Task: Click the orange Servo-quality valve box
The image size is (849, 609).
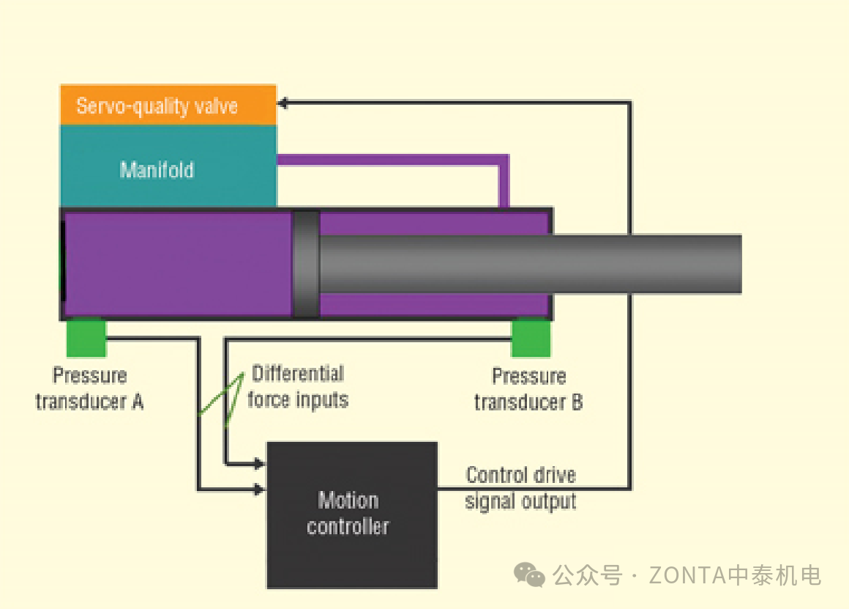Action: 168,106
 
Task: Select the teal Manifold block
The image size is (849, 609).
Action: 168,166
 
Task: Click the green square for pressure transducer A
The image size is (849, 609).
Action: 86,339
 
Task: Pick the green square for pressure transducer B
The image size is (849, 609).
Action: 531,339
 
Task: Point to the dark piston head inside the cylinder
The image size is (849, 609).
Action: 306,264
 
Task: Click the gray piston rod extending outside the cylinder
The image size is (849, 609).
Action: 644,264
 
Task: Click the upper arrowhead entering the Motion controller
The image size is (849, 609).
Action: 260,464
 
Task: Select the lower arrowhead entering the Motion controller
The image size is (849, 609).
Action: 260,489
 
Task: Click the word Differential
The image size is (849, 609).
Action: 297,374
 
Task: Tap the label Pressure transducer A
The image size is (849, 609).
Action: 89,389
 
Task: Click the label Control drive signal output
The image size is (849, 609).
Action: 520,488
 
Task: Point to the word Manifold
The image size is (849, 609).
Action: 157,170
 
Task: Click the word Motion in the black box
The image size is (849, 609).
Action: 348,501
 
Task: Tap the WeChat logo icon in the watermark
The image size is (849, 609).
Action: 529,575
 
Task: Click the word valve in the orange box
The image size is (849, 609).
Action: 216,106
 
